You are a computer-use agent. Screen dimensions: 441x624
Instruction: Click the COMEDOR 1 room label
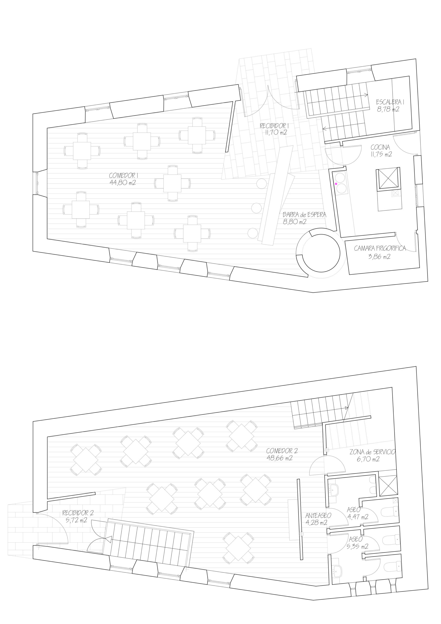point(123,175)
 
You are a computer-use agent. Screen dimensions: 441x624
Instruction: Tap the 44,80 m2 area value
point(123,183)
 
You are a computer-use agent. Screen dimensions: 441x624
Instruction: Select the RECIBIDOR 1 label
point(274,126)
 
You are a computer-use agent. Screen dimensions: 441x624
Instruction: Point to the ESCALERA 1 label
point(390,102)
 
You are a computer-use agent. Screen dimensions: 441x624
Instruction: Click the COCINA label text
point(380,147)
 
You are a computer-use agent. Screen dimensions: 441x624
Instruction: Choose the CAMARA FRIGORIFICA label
point(380,248)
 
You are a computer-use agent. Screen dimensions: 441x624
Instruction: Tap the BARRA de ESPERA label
point(304,215)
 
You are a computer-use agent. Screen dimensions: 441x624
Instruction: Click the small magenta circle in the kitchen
point(336,184)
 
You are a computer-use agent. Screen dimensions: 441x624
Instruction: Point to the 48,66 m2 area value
point(280,458)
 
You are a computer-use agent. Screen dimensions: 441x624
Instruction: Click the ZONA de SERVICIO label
point(372,452)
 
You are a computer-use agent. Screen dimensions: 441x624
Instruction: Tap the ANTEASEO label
point(318,516)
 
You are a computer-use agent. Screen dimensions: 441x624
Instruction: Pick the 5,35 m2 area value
point(358,546)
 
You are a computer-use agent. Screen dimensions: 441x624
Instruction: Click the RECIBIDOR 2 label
point(78,513)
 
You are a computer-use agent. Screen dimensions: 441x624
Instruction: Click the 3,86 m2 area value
point(379,256)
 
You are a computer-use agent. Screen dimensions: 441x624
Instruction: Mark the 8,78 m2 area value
point(388,109)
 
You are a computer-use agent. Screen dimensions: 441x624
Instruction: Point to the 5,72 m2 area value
point(76,520)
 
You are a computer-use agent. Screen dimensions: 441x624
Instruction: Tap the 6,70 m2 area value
point(368,459)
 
